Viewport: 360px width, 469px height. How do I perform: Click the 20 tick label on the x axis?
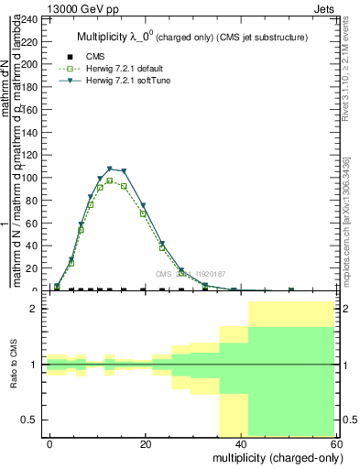[x=146, y=444]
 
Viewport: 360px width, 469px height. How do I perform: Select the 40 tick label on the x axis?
[x=241, y=444]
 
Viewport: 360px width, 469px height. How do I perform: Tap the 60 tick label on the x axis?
[x=335, y=444]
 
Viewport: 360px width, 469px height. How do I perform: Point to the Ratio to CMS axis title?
[x=16, y=365]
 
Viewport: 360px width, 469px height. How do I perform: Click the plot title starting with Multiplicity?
[x=191, y=37]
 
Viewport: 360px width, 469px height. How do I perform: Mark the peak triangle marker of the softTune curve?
[x=110, y=169]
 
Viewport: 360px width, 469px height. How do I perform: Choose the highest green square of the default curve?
[x=110, y=180]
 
